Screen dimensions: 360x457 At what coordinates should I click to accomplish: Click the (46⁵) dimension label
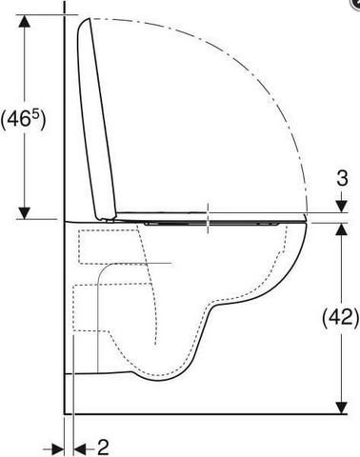point(23,120)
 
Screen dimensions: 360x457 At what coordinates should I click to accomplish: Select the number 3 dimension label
point(342,178)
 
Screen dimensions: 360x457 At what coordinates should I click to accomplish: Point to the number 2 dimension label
point(103,447)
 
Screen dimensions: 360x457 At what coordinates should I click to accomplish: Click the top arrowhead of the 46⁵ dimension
point(25,21)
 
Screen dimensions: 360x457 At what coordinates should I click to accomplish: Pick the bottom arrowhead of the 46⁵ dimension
point(25,212)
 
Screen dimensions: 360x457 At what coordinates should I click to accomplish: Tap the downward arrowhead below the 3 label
point(341,207)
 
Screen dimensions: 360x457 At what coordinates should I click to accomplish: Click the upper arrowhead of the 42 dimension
point(341,229)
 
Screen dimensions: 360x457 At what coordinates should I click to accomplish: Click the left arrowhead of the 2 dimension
point(58,449)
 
